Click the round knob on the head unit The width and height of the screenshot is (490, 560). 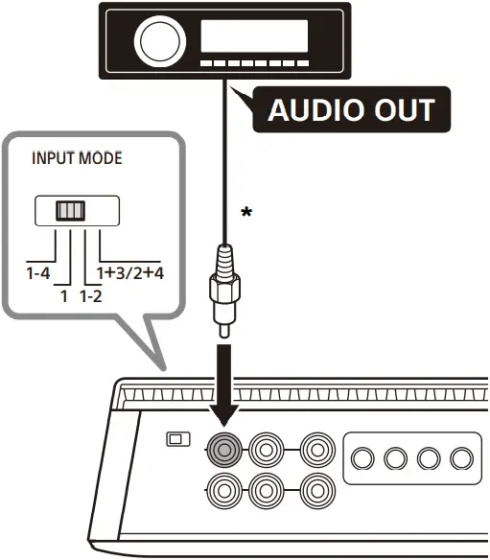[x=154, y=41]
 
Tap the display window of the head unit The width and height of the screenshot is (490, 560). [x=253, y=37]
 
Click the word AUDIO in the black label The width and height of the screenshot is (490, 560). [x=311, y=109]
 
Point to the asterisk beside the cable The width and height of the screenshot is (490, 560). [x=246, y=213]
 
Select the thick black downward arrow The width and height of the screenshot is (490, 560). [x=223, y=384]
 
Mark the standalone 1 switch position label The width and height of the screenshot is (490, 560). [x=63, y=296]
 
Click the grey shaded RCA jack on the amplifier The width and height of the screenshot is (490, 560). [x=224, y=448]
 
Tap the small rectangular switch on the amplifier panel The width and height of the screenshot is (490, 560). [x=175, y=439]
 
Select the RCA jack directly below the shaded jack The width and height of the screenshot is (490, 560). [x=224, y=492]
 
